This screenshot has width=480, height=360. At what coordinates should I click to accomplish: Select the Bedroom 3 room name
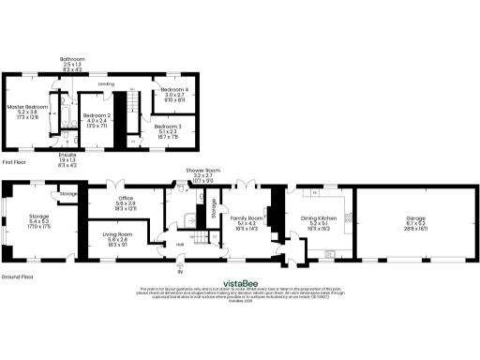coord(169,126)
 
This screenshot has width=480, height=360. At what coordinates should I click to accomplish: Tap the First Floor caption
coord(13,161)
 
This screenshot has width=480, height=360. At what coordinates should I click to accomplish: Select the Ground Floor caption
coord(17,277)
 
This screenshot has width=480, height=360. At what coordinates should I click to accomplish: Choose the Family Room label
coord(247,217)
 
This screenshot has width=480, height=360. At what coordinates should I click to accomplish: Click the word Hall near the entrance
coord(180,246)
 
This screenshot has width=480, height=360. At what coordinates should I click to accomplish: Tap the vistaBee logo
coord(239,280)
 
